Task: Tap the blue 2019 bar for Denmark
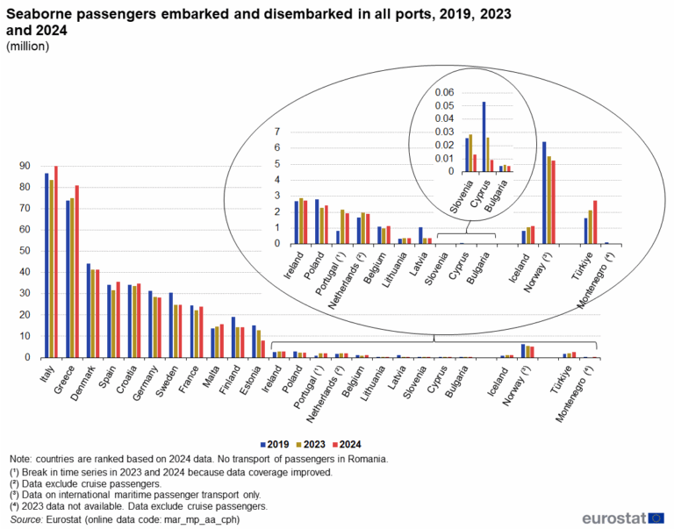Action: coord(88,311)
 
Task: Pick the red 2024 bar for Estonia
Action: coord(263,349)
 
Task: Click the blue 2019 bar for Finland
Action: coord(233,338)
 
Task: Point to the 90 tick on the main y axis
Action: coord(29,166)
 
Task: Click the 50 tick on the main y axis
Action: coord(29,251)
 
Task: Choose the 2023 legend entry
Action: coord(315,444)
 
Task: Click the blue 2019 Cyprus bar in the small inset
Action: coord(484,137)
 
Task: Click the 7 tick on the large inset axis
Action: coord(277,132)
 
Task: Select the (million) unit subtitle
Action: coord(28,46)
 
